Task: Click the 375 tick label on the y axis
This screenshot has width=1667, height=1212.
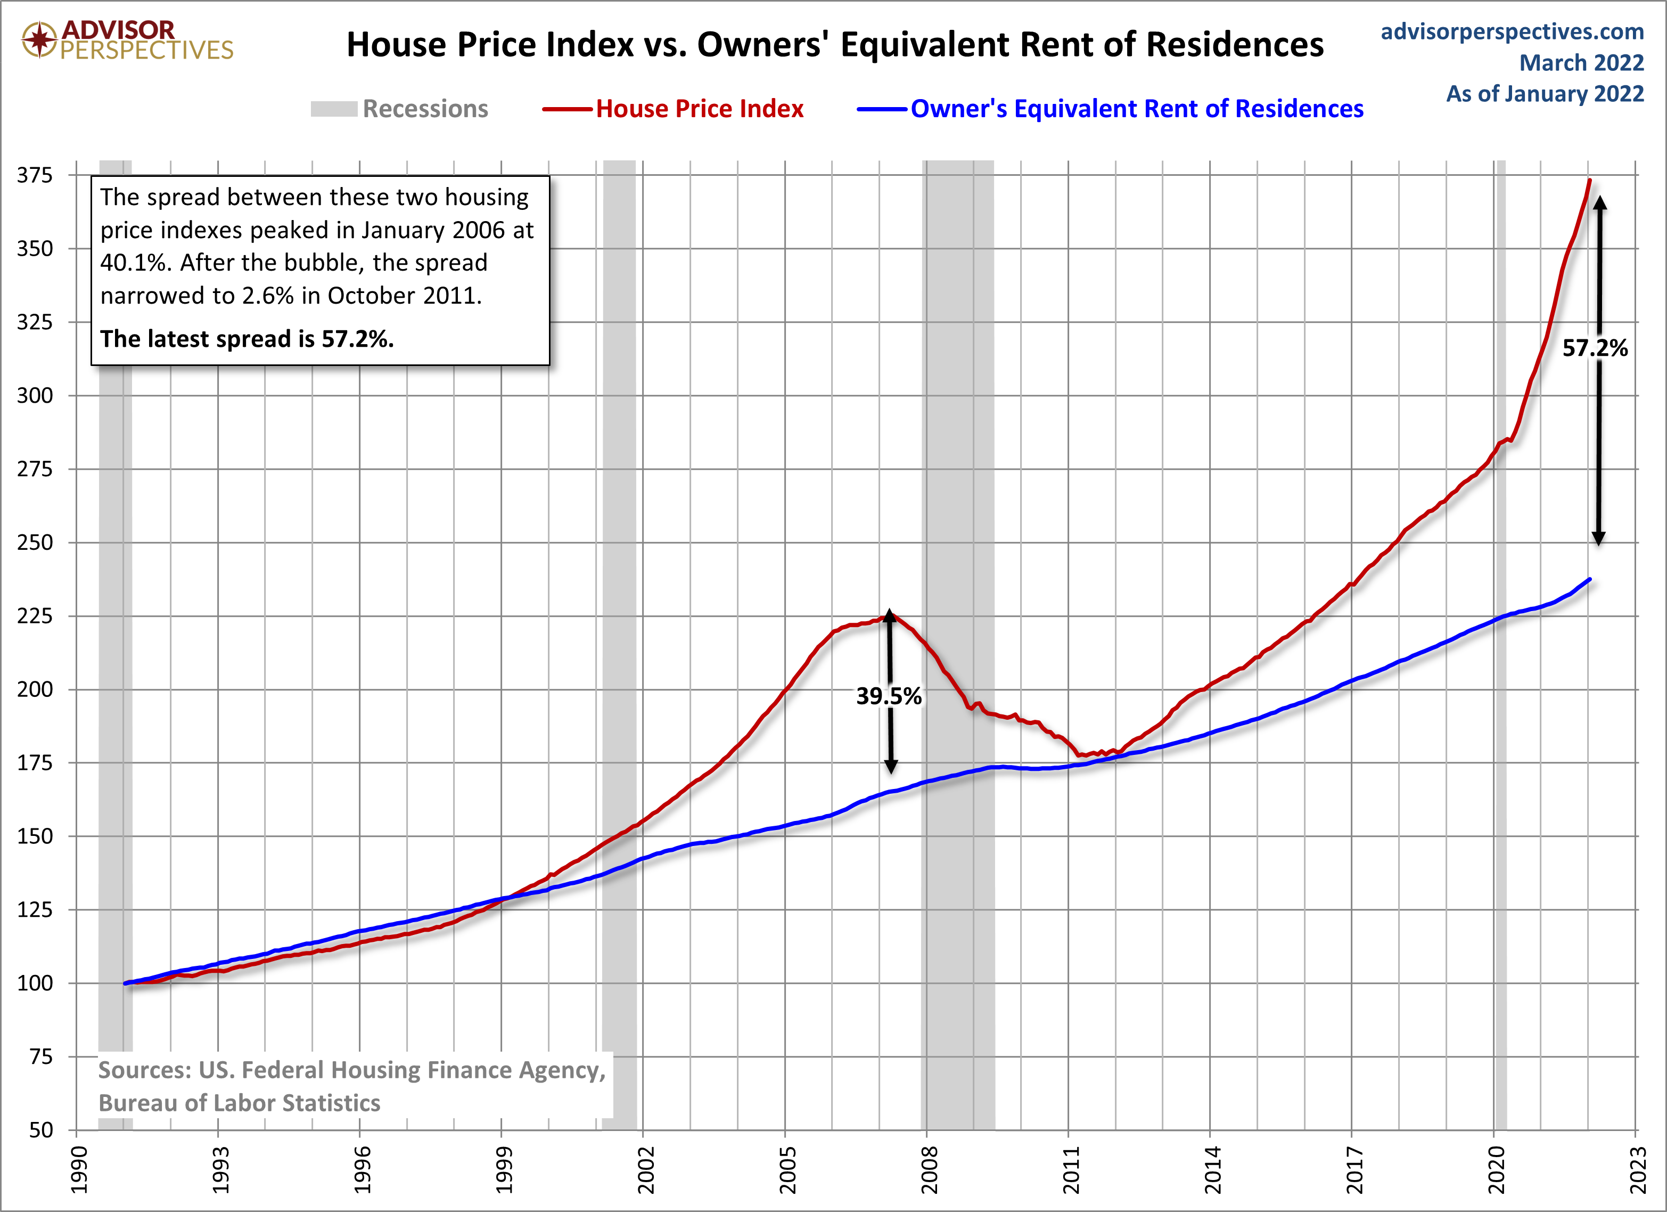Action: (x=35, y=175)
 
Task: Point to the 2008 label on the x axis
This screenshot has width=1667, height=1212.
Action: (x=929, y=1170)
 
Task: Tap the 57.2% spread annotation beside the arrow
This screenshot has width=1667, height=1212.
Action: (x=1595, y=348)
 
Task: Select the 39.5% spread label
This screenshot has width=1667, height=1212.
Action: (x=889, y=696)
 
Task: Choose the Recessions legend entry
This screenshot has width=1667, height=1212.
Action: (x=399, y=109)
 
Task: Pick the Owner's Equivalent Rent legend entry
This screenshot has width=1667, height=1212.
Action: (x=1110, y=109)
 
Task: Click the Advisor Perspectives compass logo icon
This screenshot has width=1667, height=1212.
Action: (x=39, y=39)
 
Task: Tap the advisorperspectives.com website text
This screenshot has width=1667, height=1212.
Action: (x=1512, y=31)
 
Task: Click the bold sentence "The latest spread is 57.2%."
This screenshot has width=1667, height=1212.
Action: (x=247, y=338)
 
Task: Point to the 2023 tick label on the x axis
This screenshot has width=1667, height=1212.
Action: (x=1638, y=1170)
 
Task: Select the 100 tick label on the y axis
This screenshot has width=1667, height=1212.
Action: (x=35, y=983)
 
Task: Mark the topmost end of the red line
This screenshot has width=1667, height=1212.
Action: (x=1590, y=180)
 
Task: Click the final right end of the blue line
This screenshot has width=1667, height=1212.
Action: (x=1590, y=580)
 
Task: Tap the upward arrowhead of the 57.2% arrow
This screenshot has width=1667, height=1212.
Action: (x=1599, y=204)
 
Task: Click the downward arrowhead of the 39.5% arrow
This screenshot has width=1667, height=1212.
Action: (x=891, y=766)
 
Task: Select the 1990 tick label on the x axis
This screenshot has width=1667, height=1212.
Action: (x=79, y=1170)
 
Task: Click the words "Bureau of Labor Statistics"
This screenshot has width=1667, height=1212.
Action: (x=240, y=1103)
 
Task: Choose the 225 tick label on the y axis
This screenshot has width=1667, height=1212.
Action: (x=35, y=615)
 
